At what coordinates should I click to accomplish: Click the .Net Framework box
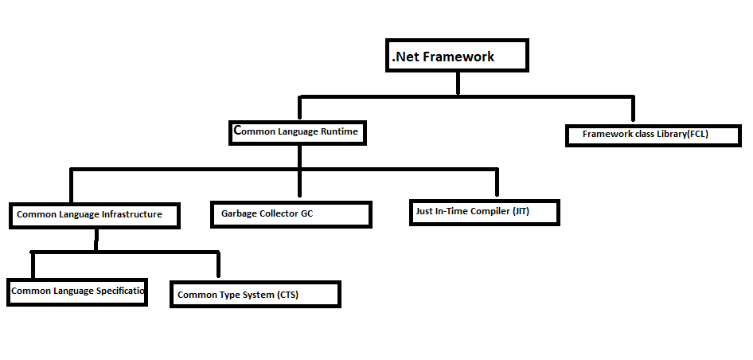pos(456,56)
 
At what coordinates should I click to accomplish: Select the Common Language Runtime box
pos(298,132)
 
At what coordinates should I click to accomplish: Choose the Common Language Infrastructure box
pos(94,215)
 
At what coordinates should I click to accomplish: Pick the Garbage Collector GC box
pos(291,214)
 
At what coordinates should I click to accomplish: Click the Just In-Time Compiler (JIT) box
pos(484,213)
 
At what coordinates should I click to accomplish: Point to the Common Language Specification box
pos(77,292)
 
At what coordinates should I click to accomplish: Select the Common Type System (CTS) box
pos(256,295)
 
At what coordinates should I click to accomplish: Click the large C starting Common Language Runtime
pos(237,129)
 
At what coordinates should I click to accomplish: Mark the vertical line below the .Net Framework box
pos(457,83)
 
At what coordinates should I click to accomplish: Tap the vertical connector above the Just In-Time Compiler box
pos(497,183)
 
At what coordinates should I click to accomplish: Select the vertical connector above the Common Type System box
pos(217,265)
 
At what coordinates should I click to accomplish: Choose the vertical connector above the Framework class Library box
pos(633,110)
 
